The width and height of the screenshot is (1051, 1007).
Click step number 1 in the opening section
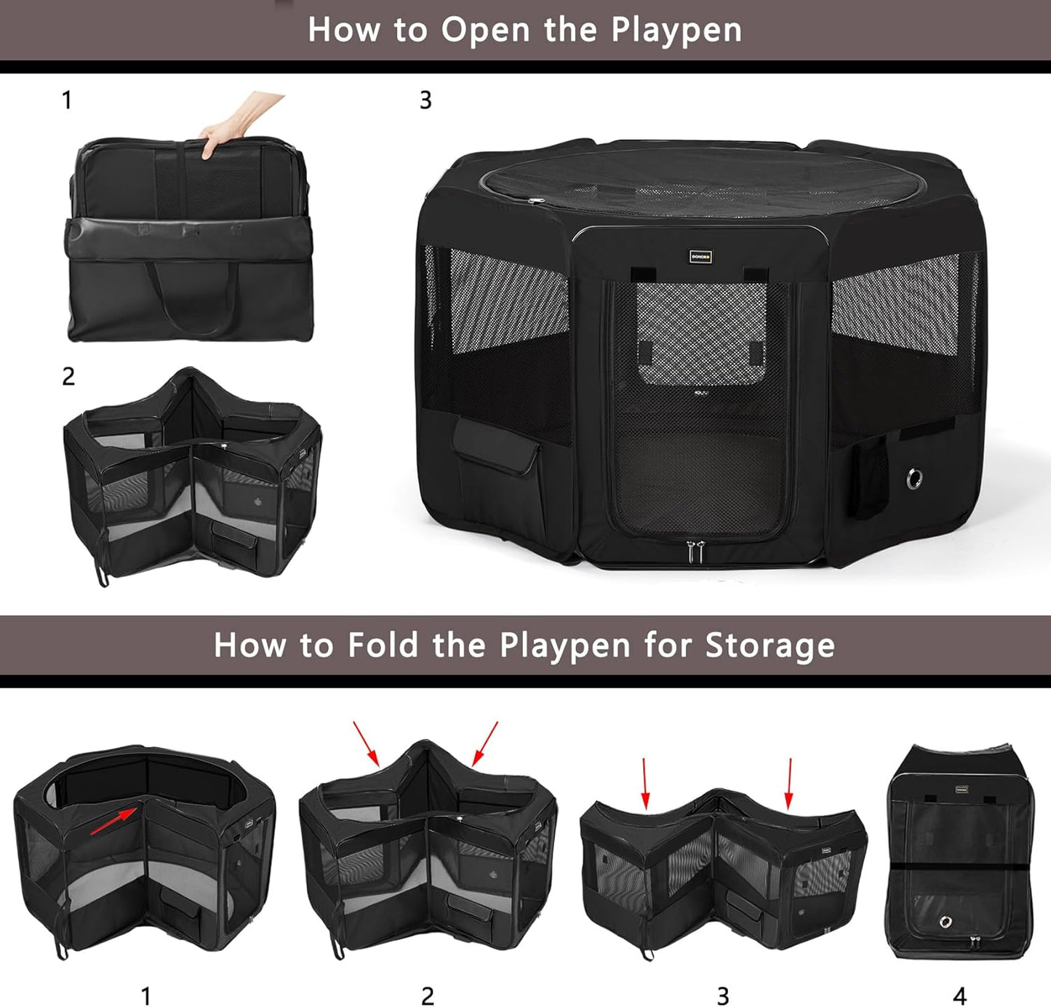click(x=67, y=100)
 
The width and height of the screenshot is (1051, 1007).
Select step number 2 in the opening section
click(x=68, y=376)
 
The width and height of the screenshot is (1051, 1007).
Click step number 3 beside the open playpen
click(x=425, y=100)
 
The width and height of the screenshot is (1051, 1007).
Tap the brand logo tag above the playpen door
click(x=700, y=256)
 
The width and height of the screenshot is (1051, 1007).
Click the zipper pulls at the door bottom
click(x=696, y=551)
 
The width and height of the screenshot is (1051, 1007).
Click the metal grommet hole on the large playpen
click(x=914, y=478)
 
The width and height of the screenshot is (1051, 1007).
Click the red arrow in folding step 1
click(x=115, y=820)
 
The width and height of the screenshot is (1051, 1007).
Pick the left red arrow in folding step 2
click(x=366, y=744)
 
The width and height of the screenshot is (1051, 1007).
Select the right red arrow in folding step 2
click(x=485, y=744)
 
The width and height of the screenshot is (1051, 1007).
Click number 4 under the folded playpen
click(x=959, y=995)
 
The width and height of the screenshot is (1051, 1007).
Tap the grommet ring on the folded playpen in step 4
click(x=946, y=922)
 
